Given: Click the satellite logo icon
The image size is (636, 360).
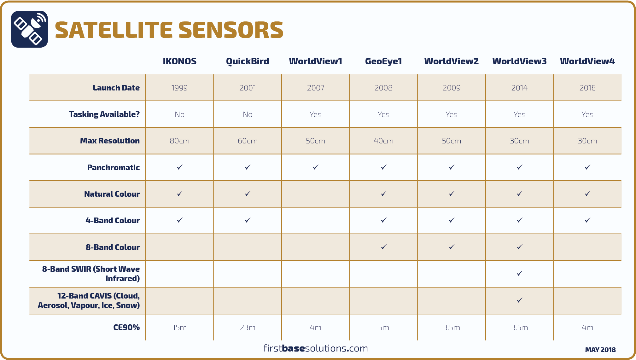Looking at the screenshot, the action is tap(29, 29).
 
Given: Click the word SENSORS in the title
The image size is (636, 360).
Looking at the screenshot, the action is tap(231, 30).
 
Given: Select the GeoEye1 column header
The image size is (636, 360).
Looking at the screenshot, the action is tap(383, 61).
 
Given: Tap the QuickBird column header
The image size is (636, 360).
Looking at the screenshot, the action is tap(248, 61).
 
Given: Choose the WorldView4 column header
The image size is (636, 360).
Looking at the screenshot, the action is tap(587, 61).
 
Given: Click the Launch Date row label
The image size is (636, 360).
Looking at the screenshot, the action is tap(116, 88).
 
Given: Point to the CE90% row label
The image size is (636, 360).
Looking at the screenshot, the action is tap(126, 328).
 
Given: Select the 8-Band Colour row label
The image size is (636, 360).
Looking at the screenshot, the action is tap(113, 247).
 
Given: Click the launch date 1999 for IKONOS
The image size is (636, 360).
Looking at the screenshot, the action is tap(179, 88).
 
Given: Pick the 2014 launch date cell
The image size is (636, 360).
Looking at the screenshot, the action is tap(519, 88).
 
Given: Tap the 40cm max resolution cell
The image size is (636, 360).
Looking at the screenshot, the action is tap(383, 141).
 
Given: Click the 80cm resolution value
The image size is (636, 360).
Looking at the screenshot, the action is tap(179, 141).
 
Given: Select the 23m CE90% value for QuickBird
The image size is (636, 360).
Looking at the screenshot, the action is tap(248, 328).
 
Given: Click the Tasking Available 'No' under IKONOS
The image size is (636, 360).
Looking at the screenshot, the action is tap(179, 114).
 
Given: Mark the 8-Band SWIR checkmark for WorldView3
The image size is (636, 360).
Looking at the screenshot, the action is tap(520, 273).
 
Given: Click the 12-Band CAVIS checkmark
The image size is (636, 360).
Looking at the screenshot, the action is tap(520, 300).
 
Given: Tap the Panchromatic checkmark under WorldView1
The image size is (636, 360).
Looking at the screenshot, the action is tap(316, 167).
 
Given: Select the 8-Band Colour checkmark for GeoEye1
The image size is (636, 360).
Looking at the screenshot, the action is tap(383, 247).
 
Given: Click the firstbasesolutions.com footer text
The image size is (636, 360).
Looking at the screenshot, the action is tap(316, 348).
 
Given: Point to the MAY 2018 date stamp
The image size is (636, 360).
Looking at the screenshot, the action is tap(600, 350).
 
